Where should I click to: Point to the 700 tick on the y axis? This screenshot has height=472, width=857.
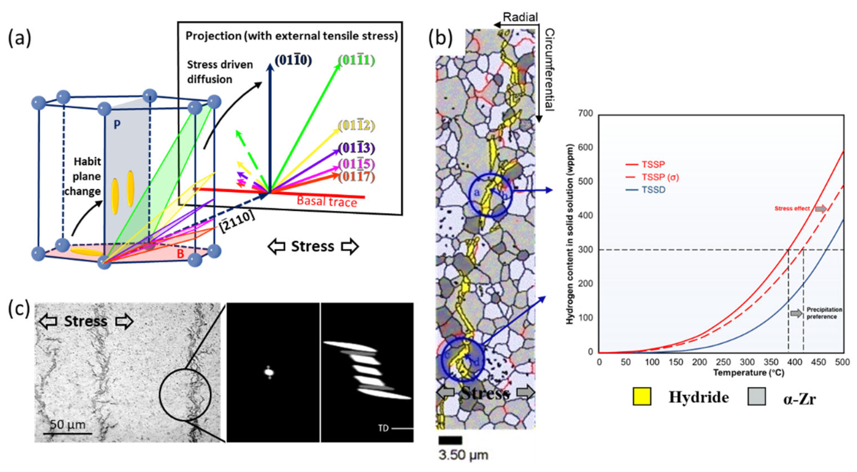pyautogui.click(x=586, y=113)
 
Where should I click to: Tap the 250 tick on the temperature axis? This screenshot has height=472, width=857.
pyautogui.click(x=723, y=362)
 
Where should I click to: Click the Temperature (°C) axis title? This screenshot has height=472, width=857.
pyautogui.click(x=749, y=373)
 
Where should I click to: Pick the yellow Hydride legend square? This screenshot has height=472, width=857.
pyautogui.click(x=642, y=397)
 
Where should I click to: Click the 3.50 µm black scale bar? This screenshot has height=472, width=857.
pyautogui.click(x=450, y=440)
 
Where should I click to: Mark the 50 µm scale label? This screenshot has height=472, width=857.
pyautogui.click(x=68, y=425)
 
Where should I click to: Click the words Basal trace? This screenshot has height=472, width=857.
pyautogui.click(x=327, y=202)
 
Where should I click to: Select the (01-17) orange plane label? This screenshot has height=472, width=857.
pyautogui.click(x=356, y=176)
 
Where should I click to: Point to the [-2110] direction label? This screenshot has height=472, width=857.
pyautogui.click(x=237, y=222)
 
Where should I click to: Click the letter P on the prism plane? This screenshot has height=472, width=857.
pyautogui.click(x=117, y=125)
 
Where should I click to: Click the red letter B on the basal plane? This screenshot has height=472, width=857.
pyautogui.click(x=180, y=254)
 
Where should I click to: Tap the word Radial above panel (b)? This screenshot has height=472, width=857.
pyautogui.click(x=520, y=17)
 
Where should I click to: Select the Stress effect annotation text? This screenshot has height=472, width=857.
pyautogui.click(x=792, y=208)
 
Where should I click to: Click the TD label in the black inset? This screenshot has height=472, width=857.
pyautogui.click(x=383, y=428)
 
